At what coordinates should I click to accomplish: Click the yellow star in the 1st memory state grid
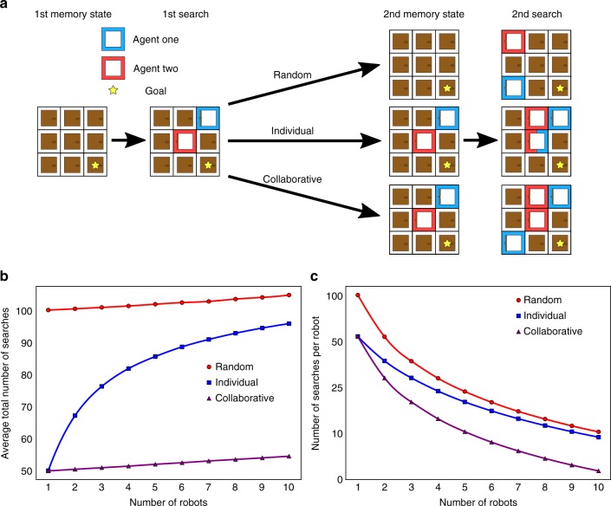(94, 164)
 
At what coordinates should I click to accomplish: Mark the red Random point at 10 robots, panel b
(288, 295)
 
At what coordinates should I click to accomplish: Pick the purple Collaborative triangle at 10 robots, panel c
(599, 470)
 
